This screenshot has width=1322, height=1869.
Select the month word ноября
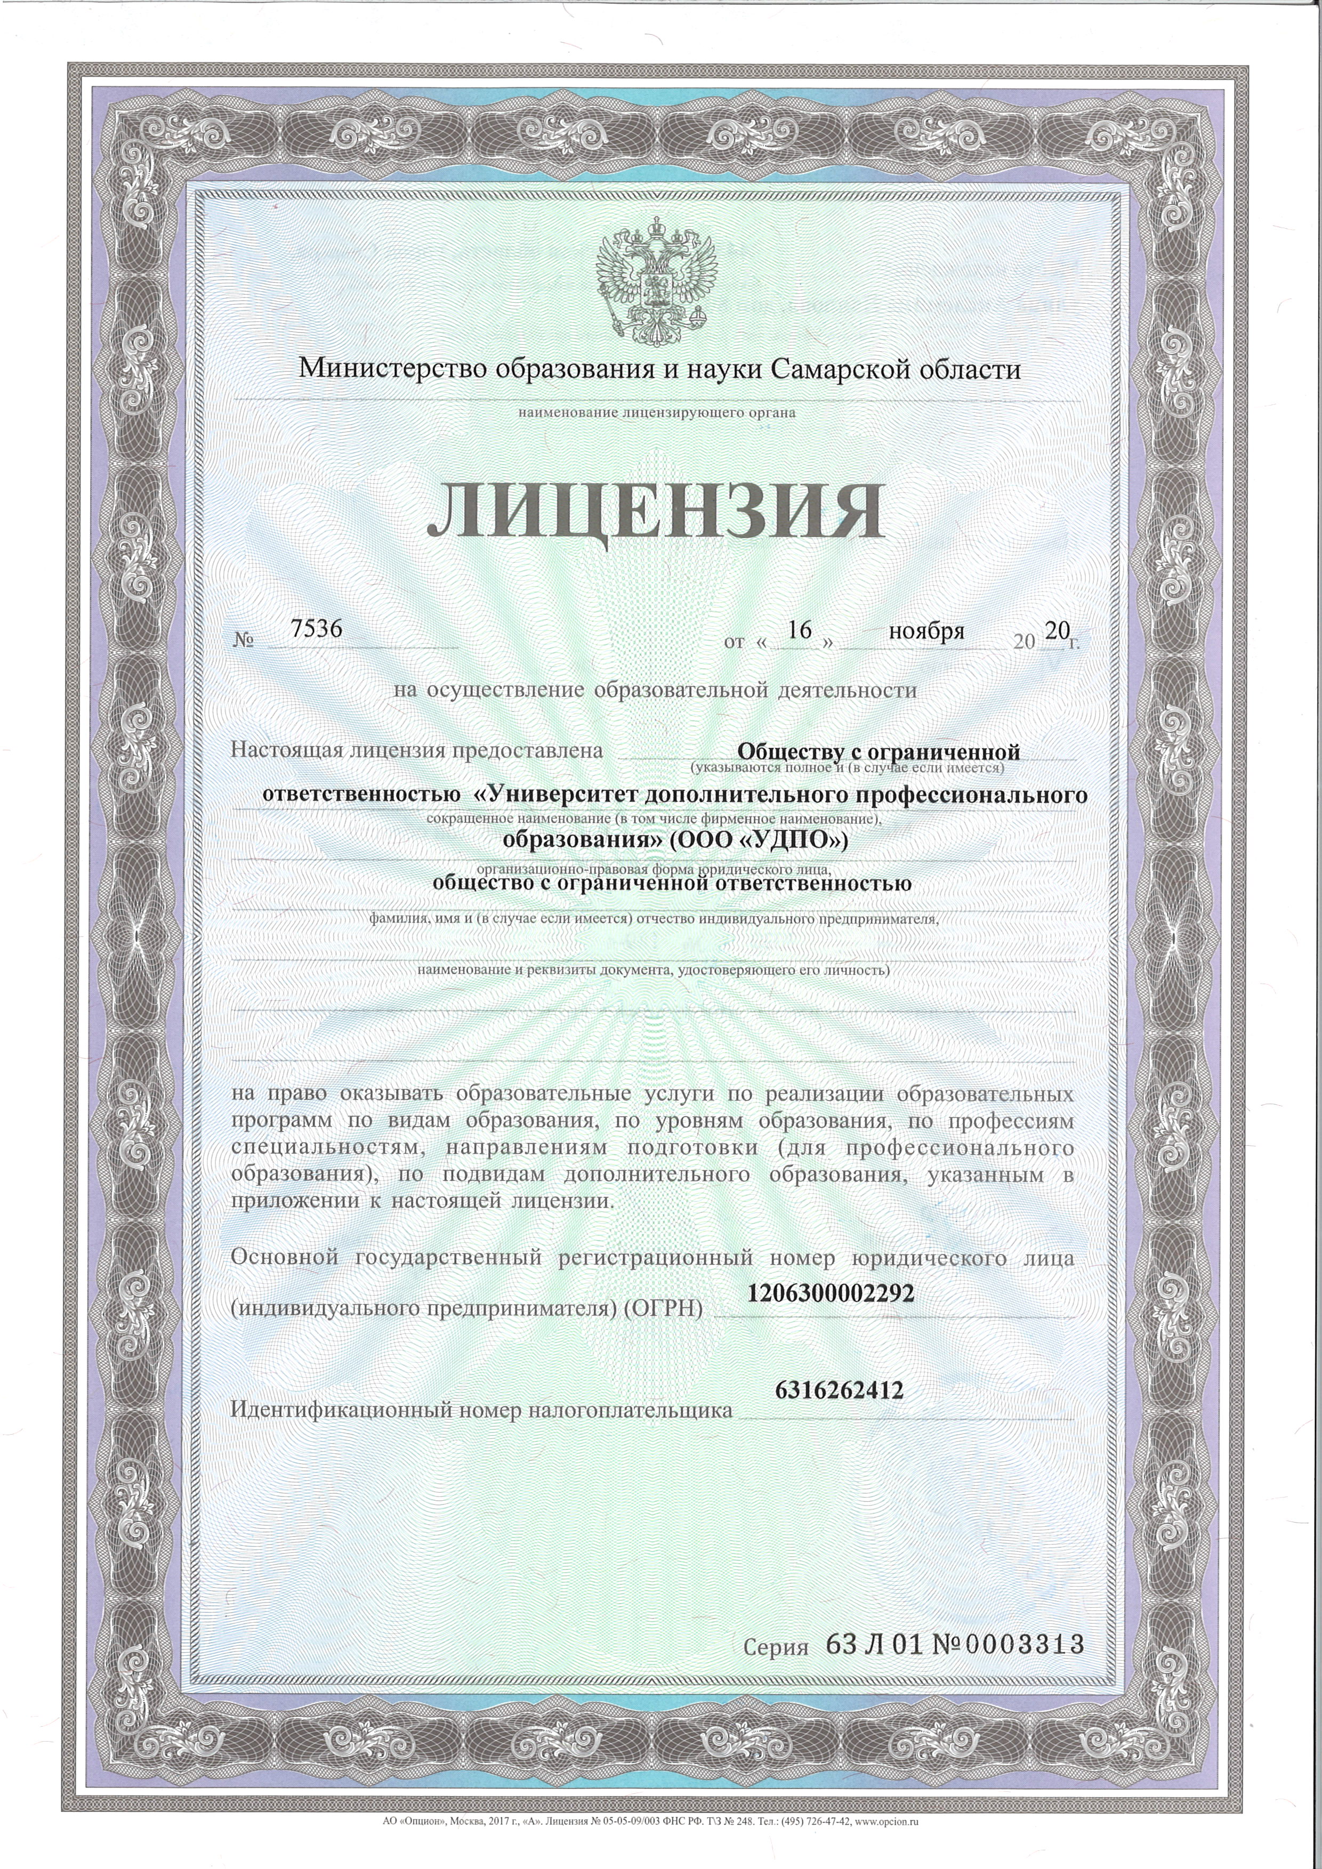(926, 631)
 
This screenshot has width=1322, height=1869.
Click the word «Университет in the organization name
(556, 795)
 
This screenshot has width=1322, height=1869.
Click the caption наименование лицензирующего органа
(657, 412)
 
